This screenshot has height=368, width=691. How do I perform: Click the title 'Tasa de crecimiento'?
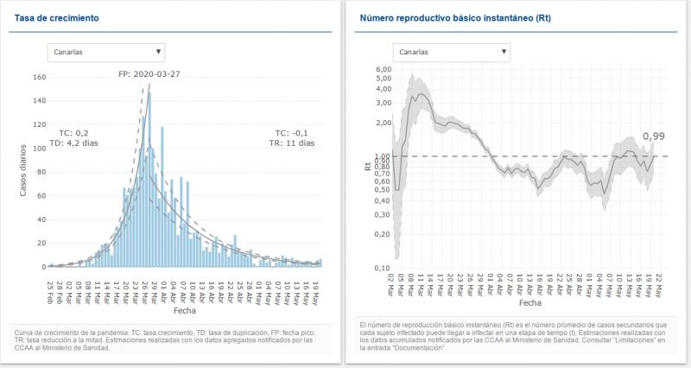click(x=56, y=17)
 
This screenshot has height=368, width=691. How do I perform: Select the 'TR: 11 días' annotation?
click(x=295, y=143)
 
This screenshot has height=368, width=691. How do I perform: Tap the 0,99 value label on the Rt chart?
click(x=654, y=136)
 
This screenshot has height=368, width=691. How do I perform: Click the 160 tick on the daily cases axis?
click(x=39, y=77)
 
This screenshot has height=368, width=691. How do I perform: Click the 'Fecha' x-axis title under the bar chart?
click(x=185, y=309)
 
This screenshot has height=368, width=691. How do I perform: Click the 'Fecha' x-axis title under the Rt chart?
click(x=531, y=304)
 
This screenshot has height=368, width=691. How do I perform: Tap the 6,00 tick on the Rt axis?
click(x=382, y=69)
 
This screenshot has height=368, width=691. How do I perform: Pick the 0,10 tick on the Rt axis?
click(x=382, y=268)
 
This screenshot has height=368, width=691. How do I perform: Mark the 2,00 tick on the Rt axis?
click(x=382, y=123)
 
